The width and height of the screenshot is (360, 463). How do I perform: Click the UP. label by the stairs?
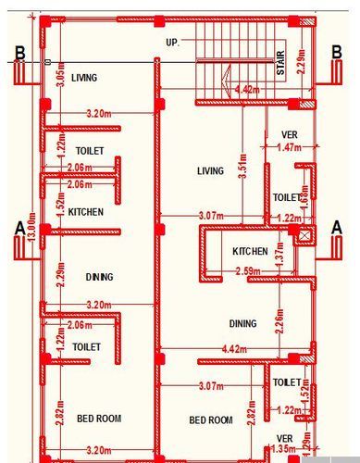172,43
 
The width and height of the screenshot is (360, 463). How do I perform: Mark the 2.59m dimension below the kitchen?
247,271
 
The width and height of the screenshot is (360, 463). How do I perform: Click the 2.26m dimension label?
279,327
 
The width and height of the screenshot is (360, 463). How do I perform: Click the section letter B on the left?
17,52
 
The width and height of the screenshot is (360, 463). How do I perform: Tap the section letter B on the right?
338,52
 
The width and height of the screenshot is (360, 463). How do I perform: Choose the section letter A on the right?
337,226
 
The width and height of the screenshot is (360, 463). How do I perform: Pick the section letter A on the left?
19,226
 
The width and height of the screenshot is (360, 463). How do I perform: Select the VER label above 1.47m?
290,135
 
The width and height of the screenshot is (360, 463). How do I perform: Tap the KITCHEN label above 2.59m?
250,252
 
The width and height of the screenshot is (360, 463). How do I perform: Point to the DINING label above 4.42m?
242,323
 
